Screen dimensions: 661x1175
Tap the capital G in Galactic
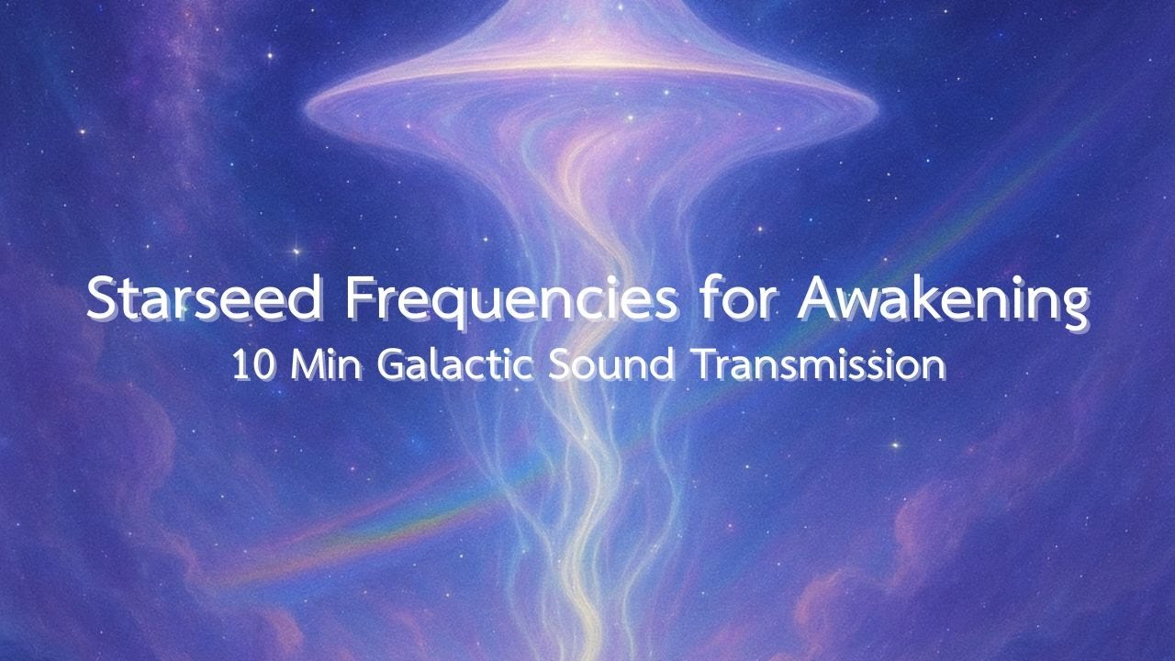(390, 364)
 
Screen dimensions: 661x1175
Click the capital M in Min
(303, 364)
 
